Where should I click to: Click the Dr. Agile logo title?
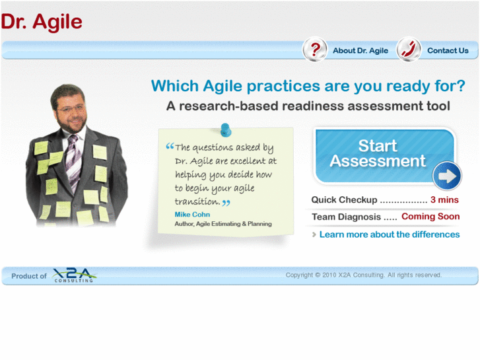pyautogui.click(x=42, y=22)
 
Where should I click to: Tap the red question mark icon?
pyautogui.click(x=316, y=50)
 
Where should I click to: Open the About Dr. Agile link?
pyautogui.click(x=360, y=51)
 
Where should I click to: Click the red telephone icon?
pyautogui.click(x=409, y=50)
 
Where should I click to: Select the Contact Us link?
pyautogui.click(x=448, y=51)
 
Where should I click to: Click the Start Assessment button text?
pyautogui.click(x=378, y=153)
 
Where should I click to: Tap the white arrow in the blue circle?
pyautogui.click(x=447, y=176)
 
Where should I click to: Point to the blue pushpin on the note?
pyautogui.click(x=226, y=129)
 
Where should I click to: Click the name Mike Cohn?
pyautogui.click(x=192, y=215)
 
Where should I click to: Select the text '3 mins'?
pyautogui.click(x=444, y=199)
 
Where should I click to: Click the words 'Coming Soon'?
pyautogui.click(x=430, y=217)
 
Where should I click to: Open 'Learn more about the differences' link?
pyautogui.click(x=389, y=234)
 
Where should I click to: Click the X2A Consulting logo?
pyautogui.click(x=74, y=275)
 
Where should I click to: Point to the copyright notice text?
pyautogui.click(x=363, y=275)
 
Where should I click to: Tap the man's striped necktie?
pyautogui.click(x=72, y=159)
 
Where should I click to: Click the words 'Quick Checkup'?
pyautogui.click(x=344, y=199)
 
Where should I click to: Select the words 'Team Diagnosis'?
pyautogui.click(x=346, y=217)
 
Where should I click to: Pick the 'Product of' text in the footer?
pyautogui.click(x=29, y=276)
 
